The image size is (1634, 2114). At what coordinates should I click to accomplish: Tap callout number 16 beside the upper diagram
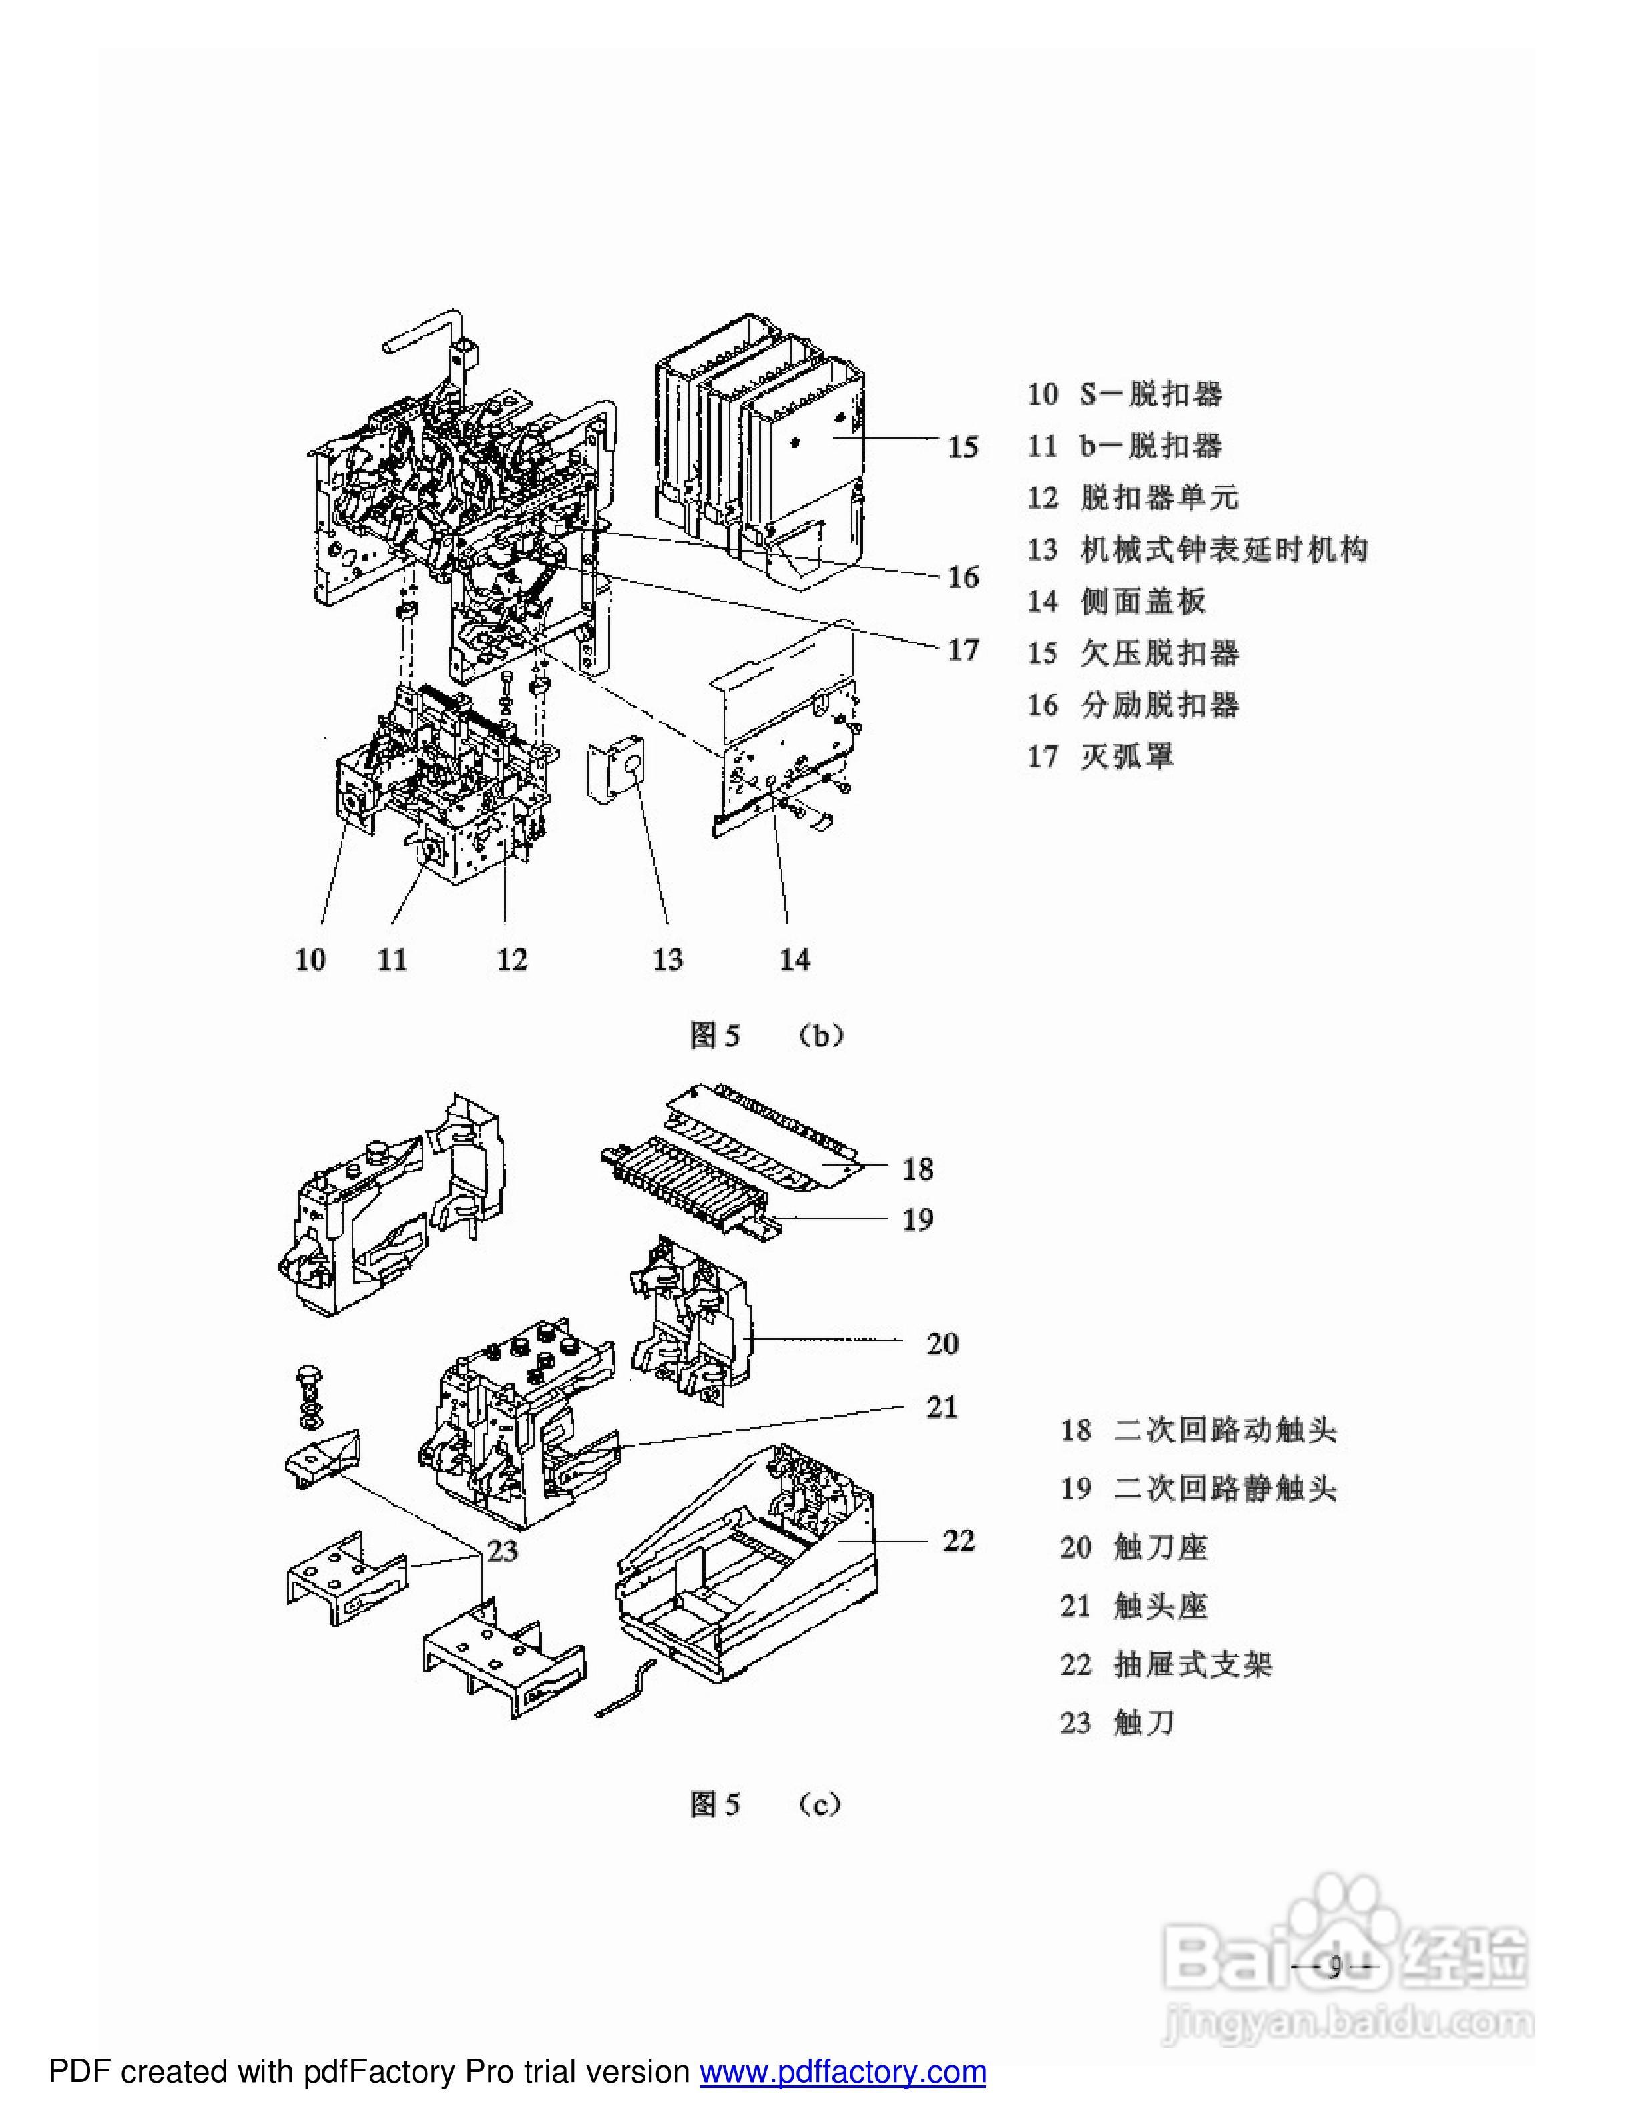(x=963, y=577)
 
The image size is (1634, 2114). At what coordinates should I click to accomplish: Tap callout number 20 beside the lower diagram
(x=941, y=1343)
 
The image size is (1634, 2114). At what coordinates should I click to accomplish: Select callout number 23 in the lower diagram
(x=501, y=1551)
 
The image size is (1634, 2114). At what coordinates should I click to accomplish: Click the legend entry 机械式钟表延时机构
(x=1197, y=550)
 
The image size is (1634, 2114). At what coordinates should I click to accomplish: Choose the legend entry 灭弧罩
(x=1101, y=757)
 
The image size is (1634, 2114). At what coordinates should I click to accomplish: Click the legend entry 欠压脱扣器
(x=1133, y=653)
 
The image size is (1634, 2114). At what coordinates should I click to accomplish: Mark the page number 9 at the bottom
(x=1334, y=1968)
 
